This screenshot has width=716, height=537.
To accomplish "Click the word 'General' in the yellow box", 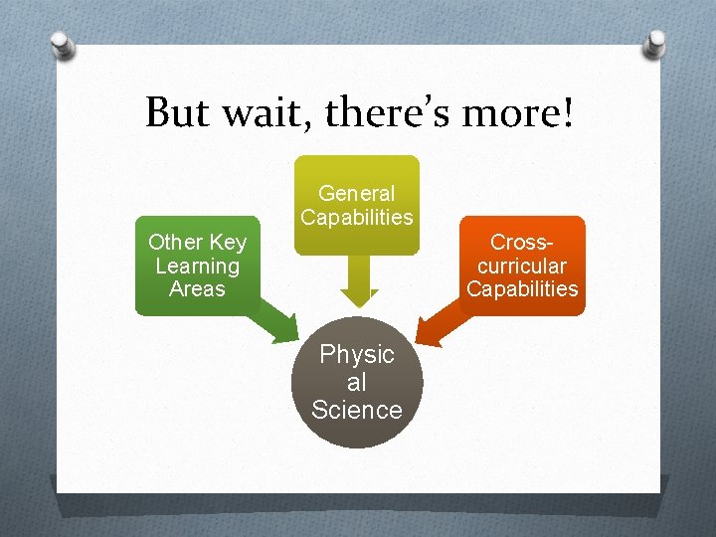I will coord(356,194).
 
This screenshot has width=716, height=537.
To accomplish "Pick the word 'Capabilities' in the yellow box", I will coord(356,217).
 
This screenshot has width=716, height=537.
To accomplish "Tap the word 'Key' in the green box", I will coord(228,242).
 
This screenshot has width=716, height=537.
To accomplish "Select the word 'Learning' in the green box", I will coord(197,266).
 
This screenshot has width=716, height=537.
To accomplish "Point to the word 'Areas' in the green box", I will coord(197,289).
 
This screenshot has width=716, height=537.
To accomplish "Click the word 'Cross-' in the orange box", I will coord(522,242).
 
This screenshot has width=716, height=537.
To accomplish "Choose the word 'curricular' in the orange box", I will coord(522,266).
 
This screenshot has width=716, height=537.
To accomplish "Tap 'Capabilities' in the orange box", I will coord(522,289).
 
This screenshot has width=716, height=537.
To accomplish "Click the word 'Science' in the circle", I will coord(357,410).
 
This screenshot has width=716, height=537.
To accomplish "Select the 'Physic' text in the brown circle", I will coord(357,354).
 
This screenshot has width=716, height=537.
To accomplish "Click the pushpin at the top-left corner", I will coord(63,45).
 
